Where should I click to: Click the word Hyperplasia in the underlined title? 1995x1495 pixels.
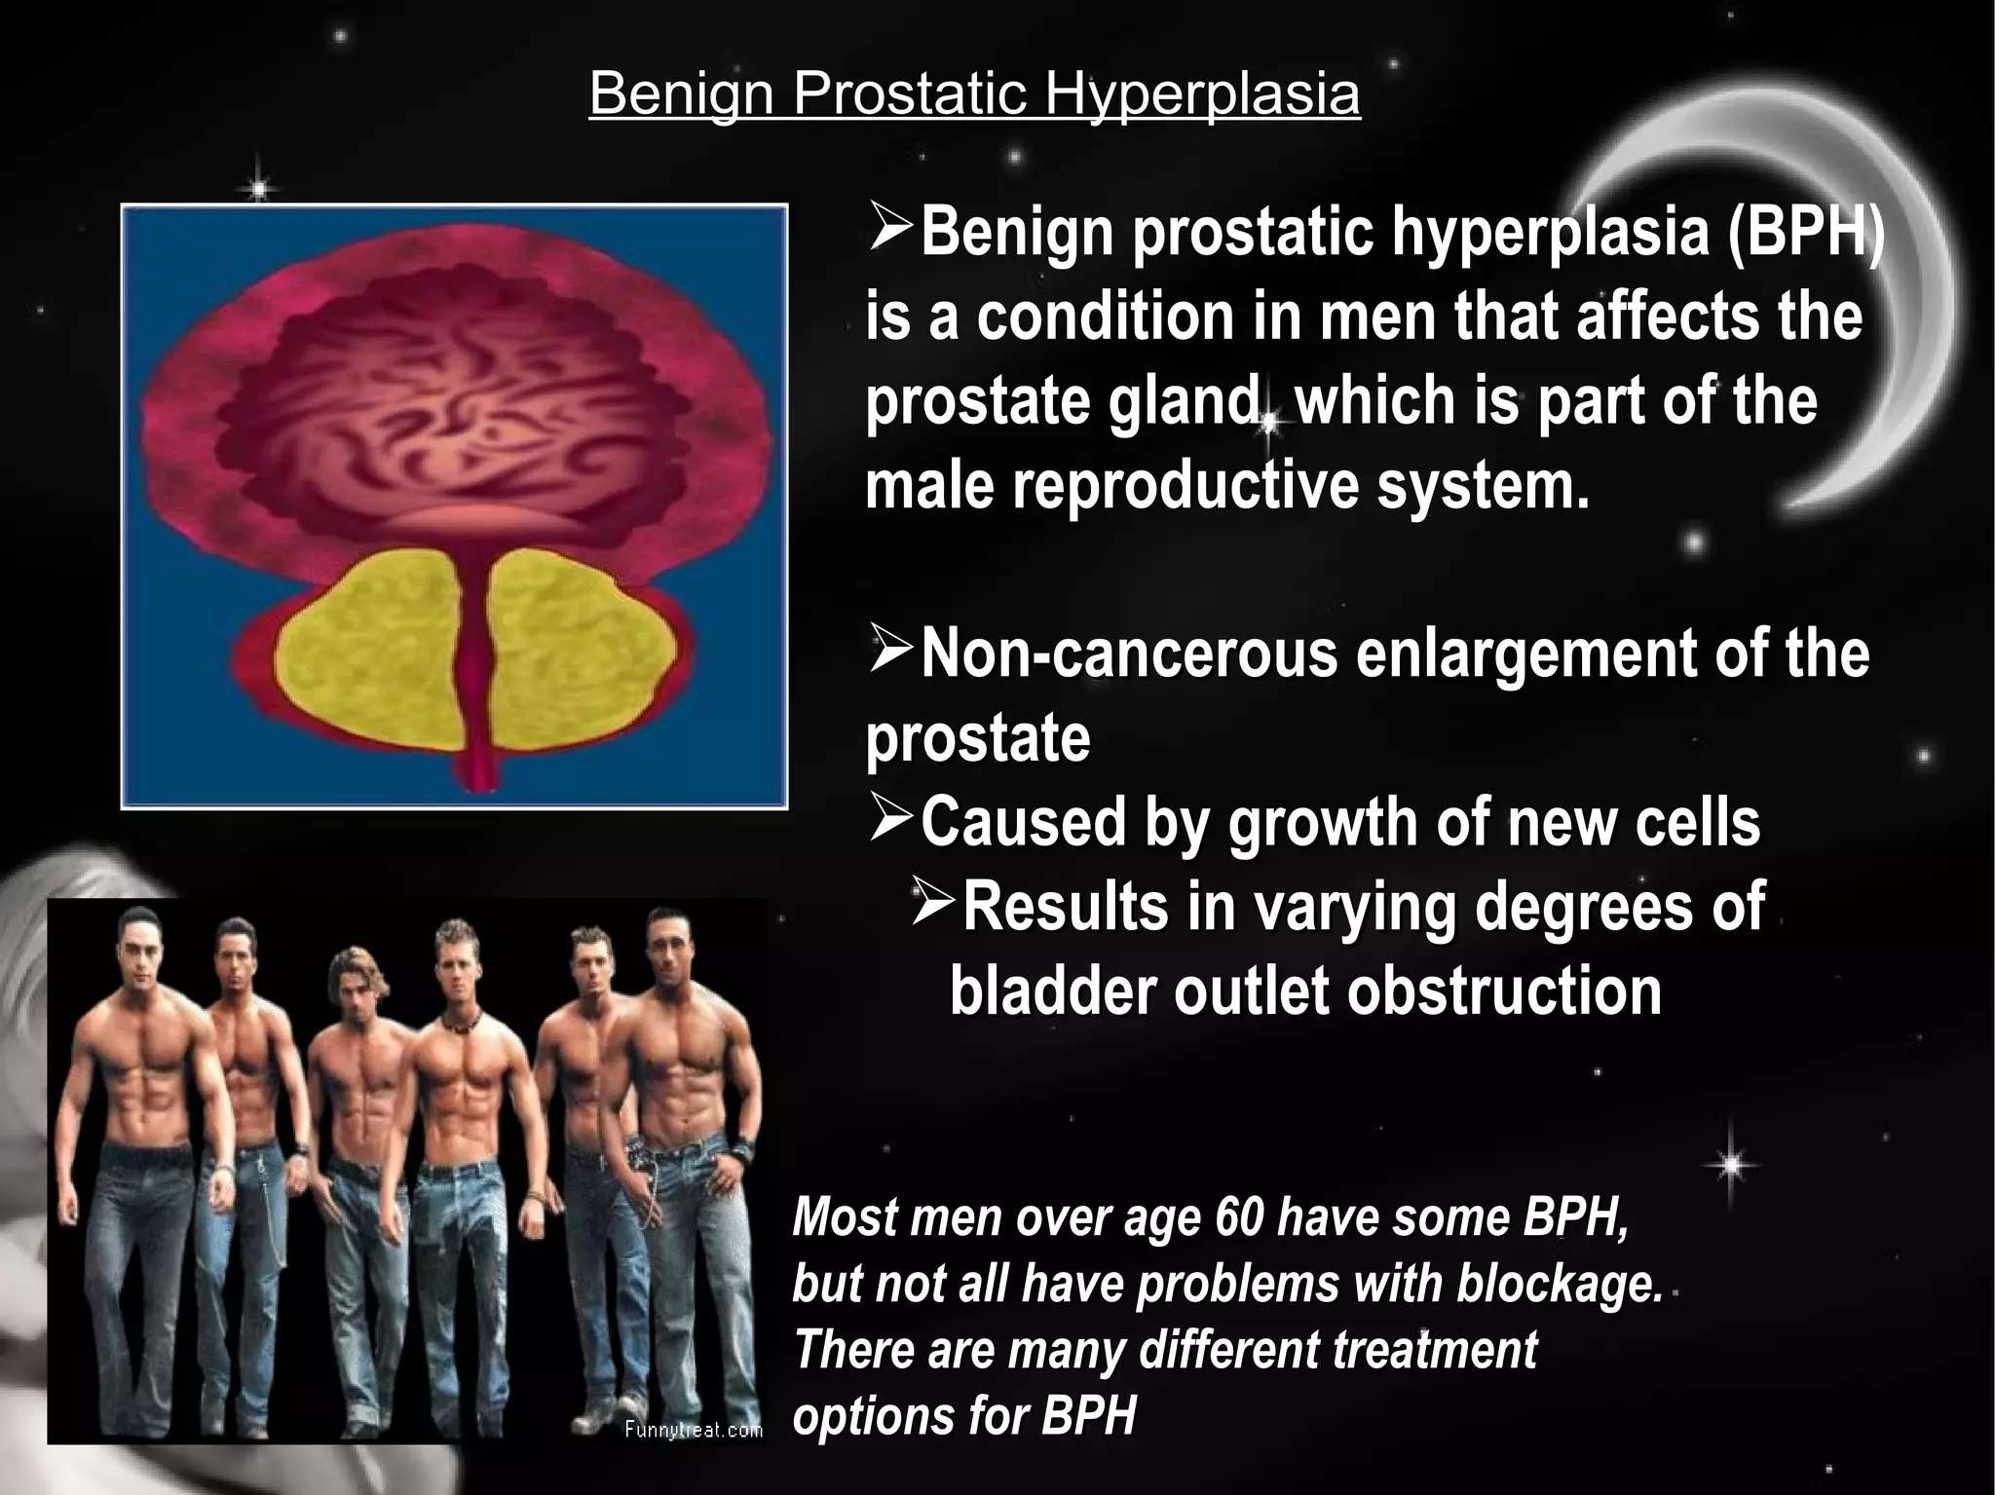click(x=1202, y=94)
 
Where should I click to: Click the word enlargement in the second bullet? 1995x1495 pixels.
click(x=1526, y=654)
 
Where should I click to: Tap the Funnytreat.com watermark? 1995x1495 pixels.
click(x=693, y=1430)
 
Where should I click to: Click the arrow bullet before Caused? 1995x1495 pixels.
click(x=890, y=819)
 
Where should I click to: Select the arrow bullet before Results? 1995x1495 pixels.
click(x=933, y=903)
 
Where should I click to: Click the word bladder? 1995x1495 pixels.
click(x=1052, y=991)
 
